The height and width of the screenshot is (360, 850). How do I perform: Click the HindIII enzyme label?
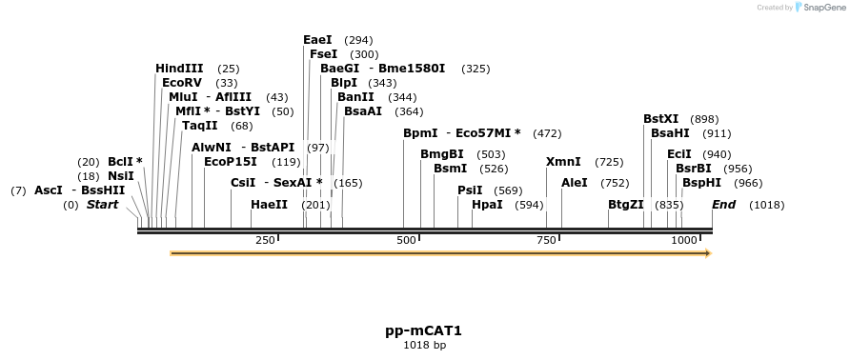pyautogui.click(x=179, y=69)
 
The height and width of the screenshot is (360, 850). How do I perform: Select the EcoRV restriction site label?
pyautogui.click(x=182, y=83)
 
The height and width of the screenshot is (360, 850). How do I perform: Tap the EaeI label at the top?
pyautogui.click(x=317, y=40)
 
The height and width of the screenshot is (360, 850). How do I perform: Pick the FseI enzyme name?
pyautogui.click(x=323, y=54)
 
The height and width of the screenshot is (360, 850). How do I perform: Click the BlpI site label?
pyautogui.click(x=343, y=83)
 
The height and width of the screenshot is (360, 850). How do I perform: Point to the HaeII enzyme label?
pyautogui.click(x=269, y=205)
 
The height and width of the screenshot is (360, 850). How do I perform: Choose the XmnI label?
pyautogui.click(x=563, y=162)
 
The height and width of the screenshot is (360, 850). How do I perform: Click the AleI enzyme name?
pyautogui.click(x=575, y=182)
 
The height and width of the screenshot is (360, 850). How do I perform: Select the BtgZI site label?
pyautogui.click(x=626, y=205)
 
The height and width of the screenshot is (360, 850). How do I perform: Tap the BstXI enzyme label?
pyautogui.click(x=660, y=119)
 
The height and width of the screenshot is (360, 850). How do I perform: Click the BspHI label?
pyautogui.click(x=701, y=182)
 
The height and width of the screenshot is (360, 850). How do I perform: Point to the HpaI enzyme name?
pyautogui.click(x=487, y=205)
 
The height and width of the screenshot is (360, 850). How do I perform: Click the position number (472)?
pyautogui.click(x=547, y=133)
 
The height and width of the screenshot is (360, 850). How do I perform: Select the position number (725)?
pyautogui.click(x=609, y=162)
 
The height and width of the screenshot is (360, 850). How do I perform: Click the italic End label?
pyautogui.click(x=723, y=205)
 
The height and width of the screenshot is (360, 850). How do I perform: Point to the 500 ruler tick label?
pyautogui.click(x=406, y=241)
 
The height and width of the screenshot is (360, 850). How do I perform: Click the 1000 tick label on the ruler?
pyautogui.click(x=684, y=241)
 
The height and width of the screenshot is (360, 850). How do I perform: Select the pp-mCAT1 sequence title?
pyautogui.click(x=423, y=330)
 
